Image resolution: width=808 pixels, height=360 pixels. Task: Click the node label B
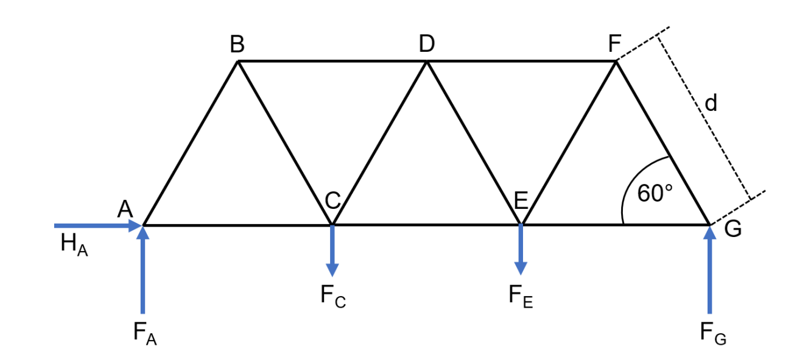237,45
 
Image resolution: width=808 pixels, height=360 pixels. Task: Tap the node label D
427,44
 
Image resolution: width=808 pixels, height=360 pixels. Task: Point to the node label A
125,210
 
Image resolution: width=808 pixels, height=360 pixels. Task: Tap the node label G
732,230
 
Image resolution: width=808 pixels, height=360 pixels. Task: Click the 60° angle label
655,193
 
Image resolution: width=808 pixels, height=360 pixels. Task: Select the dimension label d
711,104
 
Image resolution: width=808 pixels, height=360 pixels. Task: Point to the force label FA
145,333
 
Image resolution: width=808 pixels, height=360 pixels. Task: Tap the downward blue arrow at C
332,250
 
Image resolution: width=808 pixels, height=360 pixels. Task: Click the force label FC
333,297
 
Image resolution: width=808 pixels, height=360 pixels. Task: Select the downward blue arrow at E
521,250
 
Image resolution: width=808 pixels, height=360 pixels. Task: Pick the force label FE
521,297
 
